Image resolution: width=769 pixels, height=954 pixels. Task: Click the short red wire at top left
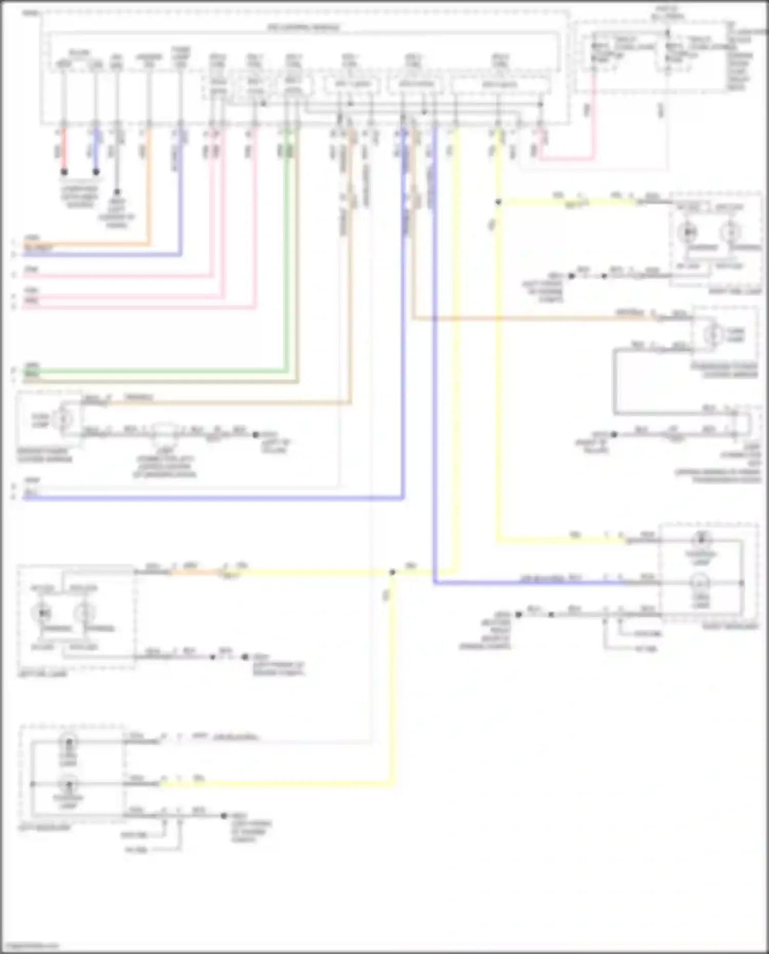tap(64, 151)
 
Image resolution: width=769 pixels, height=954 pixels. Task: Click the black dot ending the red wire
tap(64, 172)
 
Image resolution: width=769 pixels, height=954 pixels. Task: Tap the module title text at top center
tap(303, 27)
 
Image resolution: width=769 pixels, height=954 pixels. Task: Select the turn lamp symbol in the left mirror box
tap(64, 418)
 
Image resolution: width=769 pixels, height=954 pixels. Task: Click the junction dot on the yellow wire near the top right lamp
tap(498, 202)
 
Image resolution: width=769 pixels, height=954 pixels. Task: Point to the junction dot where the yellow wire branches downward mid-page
tap(392, 572)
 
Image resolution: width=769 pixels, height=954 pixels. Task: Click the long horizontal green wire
tap(154, 371)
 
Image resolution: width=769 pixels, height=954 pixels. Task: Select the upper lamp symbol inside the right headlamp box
tap(701, 540)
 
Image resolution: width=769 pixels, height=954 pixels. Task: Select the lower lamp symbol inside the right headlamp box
tap(701, 583)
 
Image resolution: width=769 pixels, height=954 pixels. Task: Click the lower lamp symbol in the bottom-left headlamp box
tap(68, 784)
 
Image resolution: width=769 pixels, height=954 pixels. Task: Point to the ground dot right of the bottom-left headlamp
tap(224, 815)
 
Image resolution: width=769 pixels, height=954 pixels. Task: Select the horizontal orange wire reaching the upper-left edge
tap(87, 245)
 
